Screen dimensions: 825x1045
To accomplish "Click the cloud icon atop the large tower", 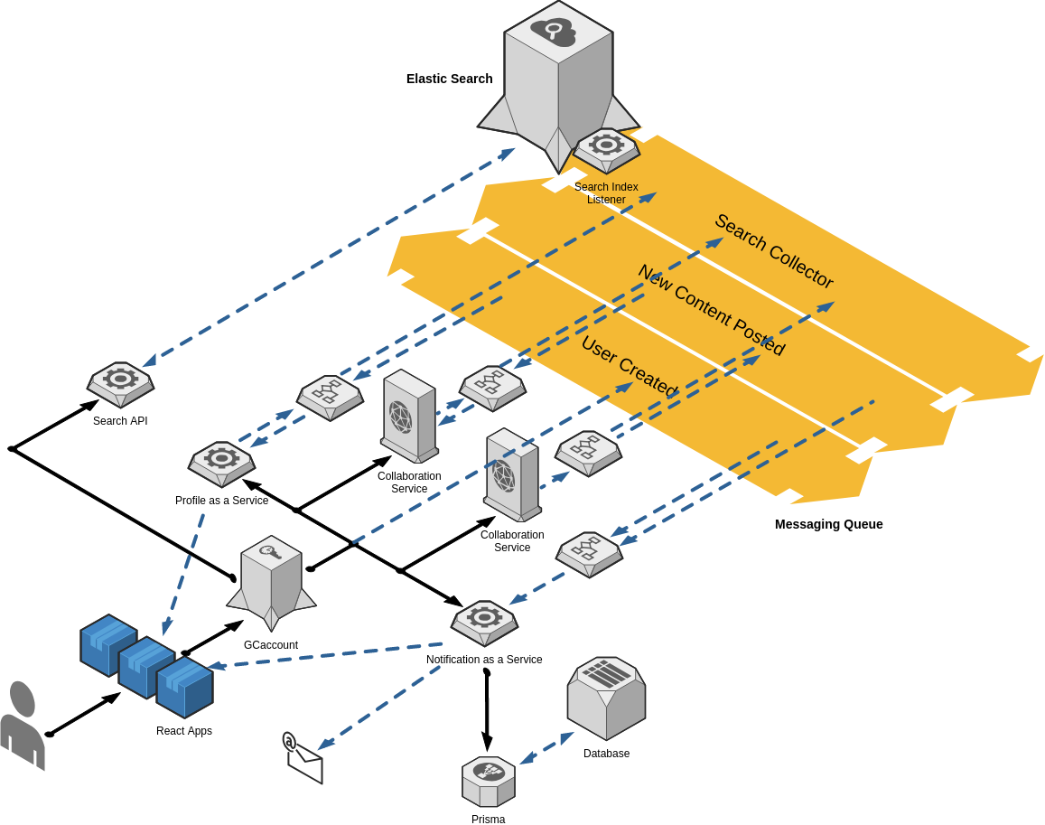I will [x=554, y=32].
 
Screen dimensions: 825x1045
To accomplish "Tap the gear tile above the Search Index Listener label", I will [x=606, y=146].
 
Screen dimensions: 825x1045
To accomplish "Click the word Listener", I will [x=606, y=200].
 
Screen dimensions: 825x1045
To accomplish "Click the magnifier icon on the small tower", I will [x=270, y=551].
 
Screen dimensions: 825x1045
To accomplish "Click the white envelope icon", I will [x=304, y=761].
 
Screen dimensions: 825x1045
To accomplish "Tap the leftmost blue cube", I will [x=108, y=644].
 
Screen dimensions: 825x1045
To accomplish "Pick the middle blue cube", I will [x=146, y=666].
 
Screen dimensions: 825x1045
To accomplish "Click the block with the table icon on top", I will [x=606, y=697].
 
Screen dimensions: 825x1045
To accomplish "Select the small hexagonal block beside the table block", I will [x=489, y=781].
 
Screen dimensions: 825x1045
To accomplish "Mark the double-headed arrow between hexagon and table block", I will [x=546, y=748].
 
